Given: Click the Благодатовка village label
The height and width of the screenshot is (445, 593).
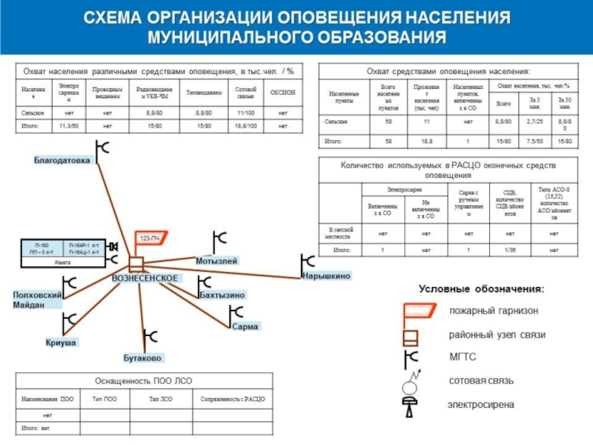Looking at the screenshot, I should click(62, 160).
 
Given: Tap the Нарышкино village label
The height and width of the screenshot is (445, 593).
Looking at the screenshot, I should click(326, 276).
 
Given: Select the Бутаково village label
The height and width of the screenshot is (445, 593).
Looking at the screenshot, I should click(142, 358).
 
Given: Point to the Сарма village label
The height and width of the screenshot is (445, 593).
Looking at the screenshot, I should click(245, 326).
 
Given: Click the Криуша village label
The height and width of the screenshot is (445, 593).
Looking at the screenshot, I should click(61, 343).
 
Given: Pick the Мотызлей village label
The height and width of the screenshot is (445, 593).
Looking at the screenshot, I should click(216, 262).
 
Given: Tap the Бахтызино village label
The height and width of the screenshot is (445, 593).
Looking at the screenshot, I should click(222, 295).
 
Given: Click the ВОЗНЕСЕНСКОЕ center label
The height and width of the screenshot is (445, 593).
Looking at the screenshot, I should click(145, 278).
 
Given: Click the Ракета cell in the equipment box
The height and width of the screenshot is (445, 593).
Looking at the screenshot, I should click(63, 263).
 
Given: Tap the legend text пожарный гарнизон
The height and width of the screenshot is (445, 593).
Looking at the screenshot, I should click(494, 311).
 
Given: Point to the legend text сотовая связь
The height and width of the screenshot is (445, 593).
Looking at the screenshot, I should click(481, 380).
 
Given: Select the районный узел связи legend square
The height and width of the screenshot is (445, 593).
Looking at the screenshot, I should click(411, 337).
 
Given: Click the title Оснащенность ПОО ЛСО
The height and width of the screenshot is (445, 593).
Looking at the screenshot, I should click(143, 380).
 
